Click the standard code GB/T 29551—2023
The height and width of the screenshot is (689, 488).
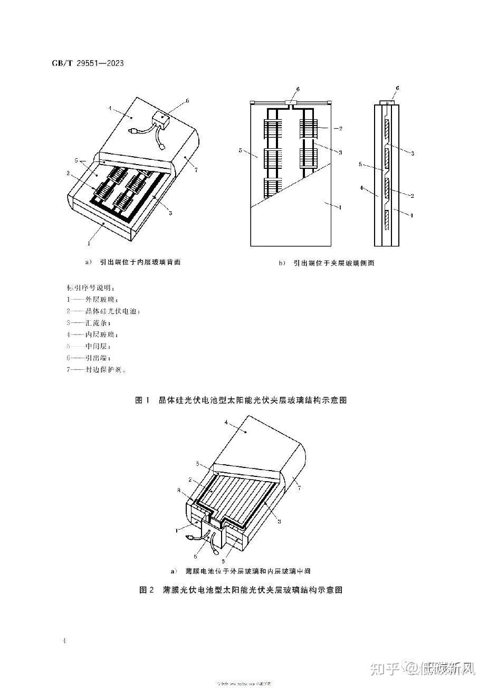point(88,63)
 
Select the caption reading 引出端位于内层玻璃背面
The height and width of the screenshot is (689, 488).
point(136,262)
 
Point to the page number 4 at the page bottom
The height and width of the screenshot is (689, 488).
point(64,641)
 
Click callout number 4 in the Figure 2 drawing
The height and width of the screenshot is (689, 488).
point(226,423)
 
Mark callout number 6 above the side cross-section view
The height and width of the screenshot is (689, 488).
point(397,88)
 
